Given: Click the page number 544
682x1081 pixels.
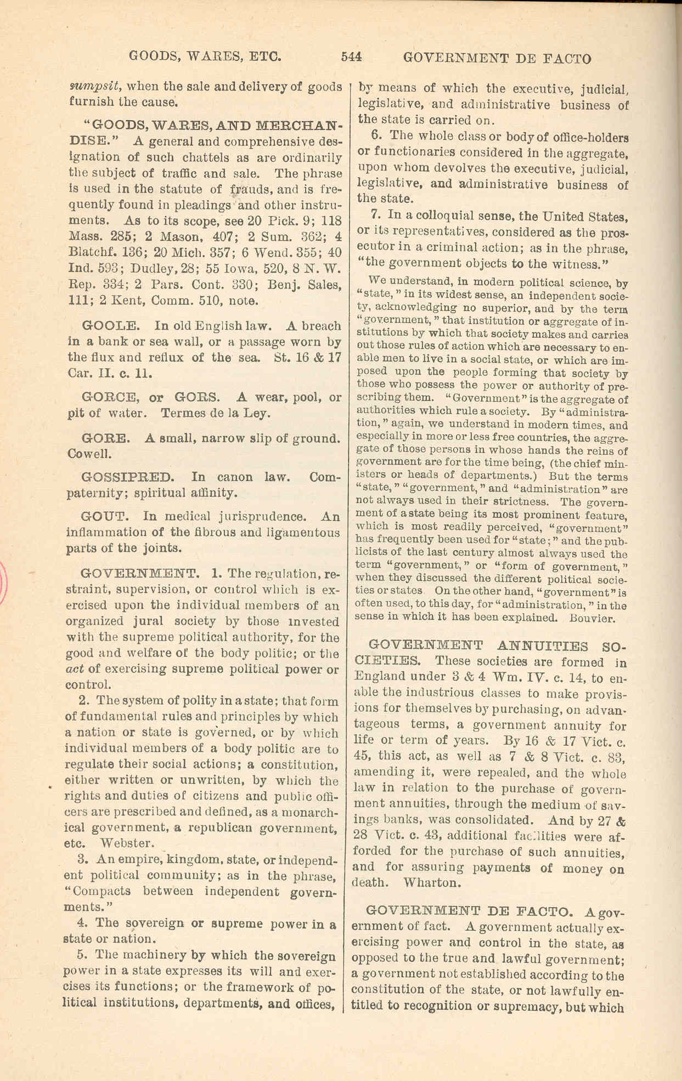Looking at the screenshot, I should pyautogui.click(x=352, y=56).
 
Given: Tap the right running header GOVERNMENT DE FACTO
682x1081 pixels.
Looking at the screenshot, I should pyautogui.click(x=497, y=58).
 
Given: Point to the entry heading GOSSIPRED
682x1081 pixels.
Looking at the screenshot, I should pyautogui.click(x=127, y=477).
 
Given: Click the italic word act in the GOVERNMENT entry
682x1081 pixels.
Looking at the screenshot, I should pyautogui.click(x=74, y=669).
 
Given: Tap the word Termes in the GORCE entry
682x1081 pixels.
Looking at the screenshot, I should pyautogui.click(x=183, y=413).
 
